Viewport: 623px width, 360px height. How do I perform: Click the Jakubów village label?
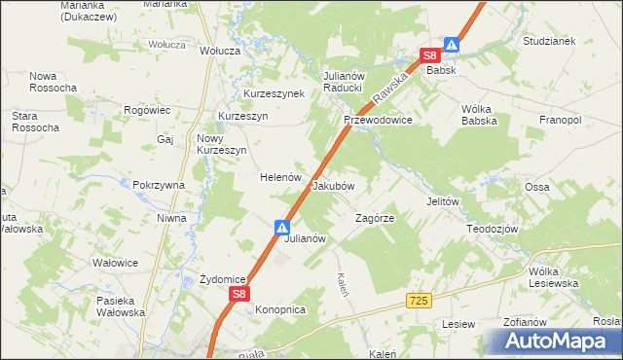332,185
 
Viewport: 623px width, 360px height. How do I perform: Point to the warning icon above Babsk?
452,44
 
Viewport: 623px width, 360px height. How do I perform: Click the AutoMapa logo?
554,342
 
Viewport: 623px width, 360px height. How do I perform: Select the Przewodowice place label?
378,120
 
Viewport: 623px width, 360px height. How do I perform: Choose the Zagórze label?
374,219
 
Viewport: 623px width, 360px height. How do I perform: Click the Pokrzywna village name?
160,185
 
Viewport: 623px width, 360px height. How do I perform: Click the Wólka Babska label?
480,115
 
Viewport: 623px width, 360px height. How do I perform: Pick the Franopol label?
560,120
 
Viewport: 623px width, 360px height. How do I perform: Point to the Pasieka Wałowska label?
121,306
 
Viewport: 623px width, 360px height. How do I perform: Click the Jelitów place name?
442,201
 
